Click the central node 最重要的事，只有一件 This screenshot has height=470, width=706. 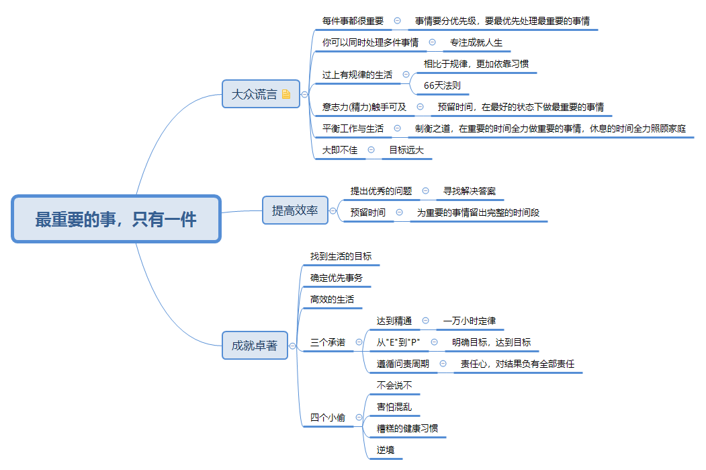tap(116, 219)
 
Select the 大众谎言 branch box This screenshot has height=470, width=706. tap(254, 94)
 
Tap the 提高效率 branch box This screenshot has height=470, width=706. tap(295, 210)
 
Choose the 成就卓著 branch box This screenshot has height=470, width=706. tap(254, 346)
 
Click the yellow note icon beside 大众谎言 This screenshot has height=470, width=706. tap(286, 94)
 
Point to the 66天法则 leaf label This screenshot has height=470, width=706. tap(442, 85)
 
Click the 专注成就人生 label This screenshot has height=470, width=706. tap(476, 42)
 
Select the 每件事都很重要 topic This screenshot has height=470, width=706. tap(353, 21)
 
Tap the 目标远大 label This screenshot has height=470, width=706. tap(406, 150)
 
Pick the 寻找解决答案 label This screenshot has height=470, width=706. tap(470, 191)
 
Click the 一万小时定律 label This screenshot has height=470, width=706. tap(470, 321)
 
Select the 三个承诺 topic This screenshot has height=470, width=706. tap(328, 342)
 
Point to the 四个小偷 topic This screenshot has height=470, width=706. tap(328, 418)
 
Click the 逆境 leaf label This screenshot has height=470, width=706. tap(386, 450)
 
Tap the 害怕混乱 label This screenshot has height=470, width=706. tap(394, 407)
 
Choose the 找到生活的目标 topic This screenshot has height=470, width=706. tap(341, 256)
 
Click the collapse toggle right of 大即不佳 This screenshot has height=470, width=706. tap(371, 150)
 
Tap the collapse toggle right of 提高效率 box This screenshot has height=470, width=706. tap(333, 211)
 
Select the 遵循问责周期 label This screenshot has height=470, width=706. tap(403, 364)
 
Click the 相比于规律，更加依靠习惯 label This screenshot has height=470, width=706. tap(476, 64)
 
